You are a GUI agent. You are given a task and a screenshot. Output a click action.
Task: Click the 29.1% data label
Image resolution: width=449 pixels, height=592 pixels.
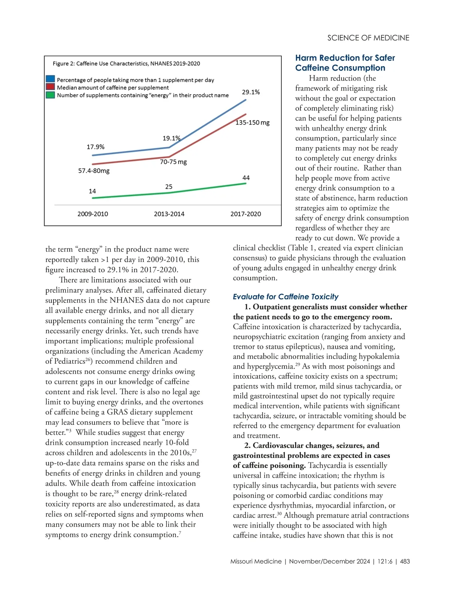(251, 92)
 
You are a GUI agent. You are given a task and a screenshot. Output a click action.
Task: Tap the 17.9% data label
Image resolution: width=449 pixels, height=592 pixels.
(95, 147)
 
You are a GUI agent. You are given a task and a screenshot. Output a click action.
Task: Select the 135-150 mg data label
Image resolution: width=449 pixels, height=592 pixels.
(252, 123)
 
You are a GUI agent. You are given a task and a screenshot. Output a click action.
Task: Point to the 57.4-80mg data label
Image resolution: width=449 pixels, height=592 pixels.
(94, 171)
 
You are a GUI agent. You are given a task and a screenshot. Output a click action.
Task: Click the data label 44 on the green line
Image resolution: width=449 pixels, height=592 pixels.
(246, 178)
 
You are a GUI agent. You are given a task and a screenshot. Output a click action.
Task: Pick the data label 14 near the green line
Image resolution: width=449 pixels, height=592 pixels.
(92, 191)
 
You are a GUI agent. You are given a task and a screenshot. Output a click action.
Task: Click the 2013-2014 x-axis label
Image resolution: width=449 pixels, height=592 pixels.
(169, 214)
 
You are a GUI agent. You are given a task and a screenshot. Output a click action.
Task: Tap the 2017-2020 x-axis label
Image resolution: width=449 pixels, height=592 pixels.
(245, 214)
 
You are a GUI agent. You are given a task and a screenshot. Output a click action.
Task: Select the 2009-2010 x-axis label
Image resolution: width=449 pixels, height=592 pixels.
(92, 214)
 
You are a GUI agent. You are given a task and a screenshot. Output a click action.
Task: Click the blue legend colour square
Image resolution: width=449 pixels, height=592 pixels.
(50, 79)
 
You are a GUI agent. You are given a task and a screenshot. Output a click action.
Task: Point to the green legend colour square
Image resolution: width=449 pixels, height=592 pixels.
(50, 95)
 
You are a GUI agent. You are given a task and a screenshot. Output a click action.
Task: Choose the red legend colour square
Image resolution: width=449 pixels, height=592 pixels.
(50, 87)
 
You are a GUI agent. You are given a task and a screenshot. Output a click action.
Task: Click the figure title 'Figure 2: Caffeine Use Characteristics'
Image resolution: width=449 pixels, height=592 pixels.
(126, 64)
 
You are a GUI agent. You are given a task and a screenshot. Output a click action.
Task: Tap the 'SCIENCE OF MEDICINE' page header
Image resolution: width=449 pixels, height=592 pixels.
(368, 38)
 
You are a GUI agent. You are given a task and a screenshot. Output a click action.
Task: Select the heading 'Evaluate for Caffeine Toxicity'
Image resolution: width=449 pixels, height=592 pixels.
(285, 297)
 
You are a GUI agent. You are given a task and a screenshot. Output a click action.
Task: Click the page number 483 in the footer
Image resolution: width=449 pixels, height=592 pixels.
(405, 561)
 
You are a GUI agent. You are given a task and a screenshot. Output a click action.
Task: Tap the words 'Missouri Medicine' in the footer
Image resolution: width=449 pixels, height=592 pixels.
(256, 561)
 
